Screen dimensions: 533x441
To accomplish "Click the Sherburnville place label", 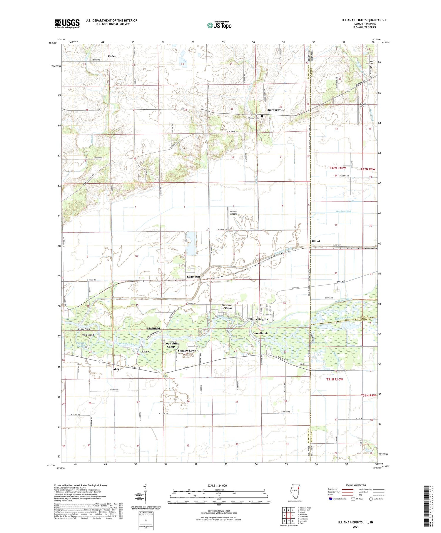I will [x=275, y=110].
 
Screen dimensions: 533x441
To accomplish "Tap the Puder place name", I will [x=112, y=56].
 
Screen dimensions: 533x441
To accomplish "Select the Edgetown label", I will [x=193, y=277].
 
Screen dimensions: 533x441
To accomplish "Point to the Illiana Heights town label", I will [x=258, y=319].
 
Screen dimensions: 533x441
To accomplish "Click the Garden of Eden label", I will [x=226, y=307].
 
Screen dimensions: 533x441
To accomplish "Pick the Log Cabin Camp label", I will [x=171, y=345].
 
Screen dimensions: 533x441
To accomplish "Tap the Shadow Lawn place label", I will [x=187, y=351].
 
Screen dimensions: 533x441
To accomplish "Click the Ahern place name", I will [x=117, y=369].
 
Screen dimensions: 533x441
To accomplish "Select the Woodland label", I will [x=260, y=333].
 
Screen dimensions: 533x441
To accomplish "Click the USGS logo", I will [x=67, y=24].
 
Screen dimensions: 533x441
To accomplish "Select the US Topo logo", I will [x=219, y=25].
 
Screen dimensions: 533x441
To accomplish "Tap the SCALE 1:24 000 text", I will [x=217, y=485].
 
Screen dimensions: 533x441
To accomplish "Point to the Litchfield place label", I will [x=153, y=328].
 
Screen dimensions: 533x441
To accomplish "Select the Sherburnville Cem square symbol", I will [x=262, y=116].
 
